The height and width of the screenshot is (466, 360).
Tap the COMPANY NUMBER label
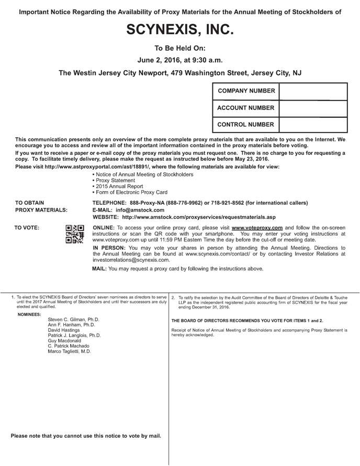tap(246, 91)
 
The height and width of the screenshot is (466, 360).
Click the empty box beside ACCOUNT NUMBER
tap(313, 108)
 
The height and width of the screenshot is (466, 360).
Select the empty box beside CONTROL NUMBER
tap(313, 125)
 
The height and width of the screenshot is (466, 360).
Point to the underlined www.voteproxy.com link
tap(257, 228)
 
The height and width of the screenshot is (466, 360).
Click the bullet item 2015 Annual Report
tap(118, 186)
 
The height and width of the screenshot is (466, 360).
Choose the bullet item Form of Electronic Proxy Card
tap(131, 192)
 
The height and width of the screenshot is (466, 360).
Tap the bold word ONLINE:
tap(104, 228)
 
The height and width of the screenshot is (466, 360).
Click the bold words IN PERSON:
tap(109, 247)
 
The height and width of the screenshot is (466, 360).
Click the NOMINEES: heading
tap(29, 314)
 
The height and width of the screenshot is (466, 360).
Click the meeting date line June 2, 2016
tap(179, 60)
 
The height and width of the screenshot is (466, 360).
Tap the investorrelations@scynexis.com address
tap(130, 260)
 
